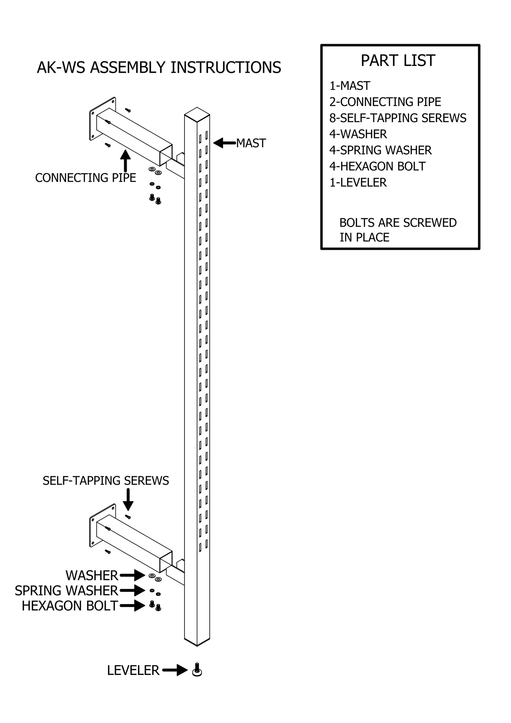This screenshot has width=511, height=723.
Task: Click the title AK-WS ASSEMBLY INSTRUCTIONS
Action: pos(159,67)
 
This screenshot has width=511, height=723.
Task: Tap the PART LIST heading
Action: pos(398,61)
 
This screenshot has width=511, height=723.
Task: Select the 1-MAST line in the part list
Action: pos(350,86)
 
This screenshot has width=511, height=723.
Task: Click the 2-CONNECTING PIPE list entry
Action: pos(385,102)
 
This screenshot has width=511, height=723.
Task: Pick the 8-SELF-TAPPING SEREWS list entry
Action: pos(398,118)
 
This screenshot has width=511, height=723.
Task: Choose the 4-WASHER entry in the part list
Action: pos(358,134)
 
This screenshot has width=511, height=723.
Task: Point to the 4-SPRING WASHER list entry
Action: pos(380,150)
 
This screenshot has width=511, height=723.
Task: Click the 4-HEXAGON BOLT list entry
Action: pos(377,166)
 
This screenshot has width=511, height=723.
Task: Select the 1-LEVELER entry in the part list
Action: pos(358,183)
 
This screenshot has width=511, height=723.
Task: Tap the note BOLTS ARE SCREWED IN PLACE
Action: pos(398,230)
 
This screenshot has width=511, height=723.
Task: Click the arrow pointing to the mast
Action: pos(224,143)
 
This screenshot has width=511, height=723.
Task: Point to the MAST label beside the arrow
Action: pos(251,143)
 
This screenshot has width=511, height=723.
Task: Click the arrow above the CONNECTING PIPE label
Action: pos(125,161)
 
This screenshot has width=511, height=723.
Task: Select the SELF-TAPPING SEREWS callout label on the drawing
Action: pos(106,481)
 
